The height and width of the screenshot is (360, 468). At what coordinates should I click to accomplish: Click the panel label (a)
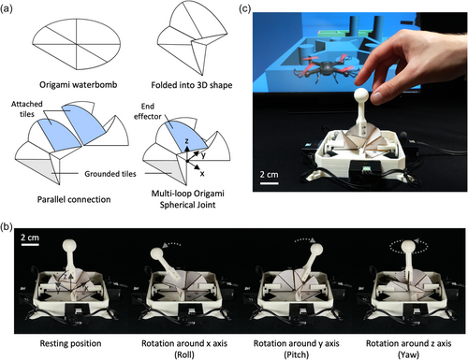7,8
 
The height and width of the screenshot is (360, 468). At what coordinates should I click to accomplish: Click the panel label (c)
245,8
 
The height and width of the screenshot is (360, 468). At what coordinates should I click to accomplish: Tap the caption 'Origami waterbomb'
79,85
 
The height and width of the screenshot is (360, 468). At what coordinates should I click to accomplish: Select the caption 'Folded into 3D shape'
192,85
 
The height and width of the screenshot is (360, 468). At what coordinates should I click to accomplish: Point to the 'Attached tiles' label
27,108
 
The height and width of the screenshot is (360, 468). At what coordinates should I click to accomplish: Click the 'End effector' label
148,111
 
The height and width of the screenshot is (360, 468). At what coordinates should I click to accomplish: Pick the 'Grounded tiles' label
110,174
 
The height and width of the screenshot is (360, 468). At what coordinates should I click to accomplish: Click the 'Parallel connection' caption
74,199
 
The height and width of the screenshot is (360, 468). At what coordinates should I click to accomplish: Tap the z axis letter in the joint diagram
186,141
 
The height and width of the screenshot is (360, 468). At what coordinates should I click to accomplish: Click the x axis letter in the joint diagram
202,174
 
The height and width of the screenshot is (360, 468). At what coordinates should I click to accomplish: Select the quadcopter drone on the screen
324,66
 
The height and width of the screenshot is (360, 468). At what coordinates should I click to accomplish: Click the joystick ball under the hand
362,95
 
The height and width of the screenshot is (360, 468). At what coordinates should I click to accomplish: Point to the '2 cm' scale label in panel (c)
269,174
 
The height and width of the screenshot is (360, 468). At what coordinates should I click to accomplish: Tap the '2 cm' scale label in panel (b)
30,238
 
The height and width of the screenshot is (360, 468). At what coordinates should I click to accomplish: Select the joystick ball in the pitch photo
315,251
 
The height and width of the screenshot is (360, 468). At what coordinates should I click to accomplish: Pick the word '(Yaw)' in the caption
408,354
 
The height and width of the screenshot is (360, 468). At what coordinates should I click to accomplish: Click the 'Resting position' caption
70,343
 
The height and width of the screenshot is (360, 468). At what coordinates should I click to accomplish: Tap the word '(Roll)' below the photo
184,354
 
